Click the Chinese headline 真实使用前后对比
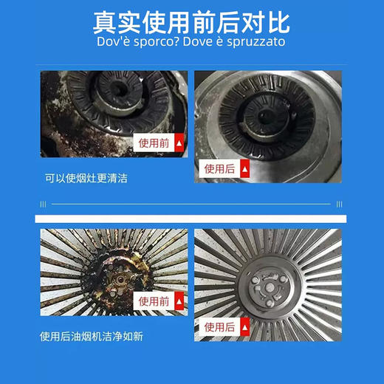pos(191,21)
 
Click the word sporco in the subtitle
pos(160,42)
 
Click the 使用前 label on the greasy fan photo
pos(154,301)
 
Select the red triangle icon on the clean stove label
pos(244,169)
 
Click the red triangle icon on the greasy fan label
pos(177,301)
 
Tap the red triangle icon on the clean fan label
pos(244,326)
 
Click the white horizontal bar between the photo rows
pos(191,219)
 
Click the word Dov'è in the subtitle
pos(112,42)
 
